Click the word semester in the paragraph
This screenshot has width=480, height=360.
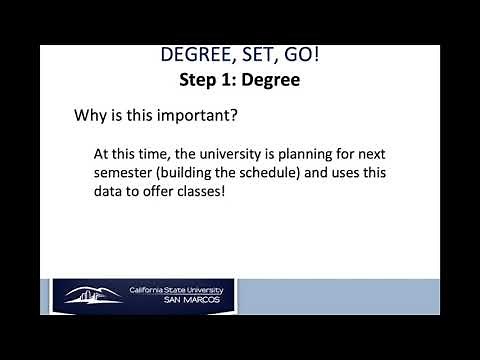point(125,173)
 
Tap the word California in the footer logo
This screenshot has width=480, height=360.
point(148,290)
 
